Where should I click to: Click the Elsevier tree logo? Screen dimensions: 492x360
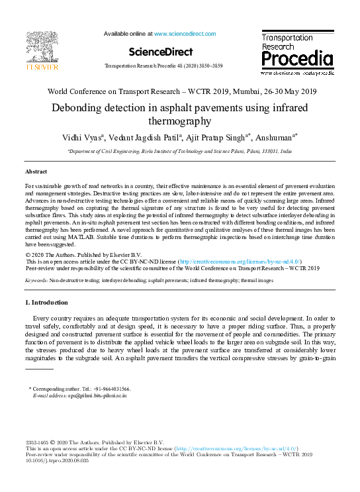click(x=42, y=48)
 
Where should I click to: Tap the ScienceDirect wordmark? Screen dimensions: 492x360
click(x=161, y=52)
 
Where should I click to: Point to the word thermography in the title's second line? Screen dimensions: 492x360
click(x=180, y=121)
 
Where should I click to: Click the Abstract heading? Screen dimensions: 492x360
click(x=37, y=171)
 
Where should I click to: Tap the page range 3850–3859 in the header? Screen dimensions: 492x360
click(x=209, y=67)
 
